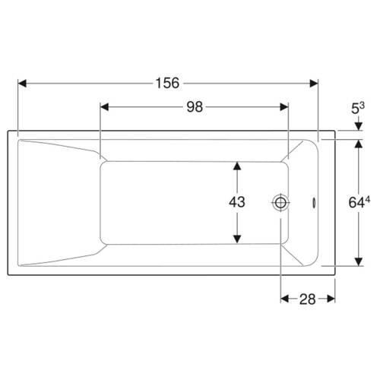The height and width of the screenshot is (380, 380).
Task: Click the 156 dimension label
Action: point(167,83)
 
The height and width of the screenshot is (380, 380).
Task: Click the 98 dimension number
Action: point(195,107)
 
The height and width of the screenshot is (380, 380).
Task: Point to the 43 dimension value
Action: point(237,202)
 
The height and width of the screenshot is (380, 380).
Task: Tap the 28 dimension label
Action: point(308,299)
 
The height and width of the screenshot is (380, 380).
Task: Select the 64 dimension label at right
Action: point(356,203)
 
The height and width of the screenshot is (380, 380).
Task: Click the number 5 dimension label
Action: point(355,109)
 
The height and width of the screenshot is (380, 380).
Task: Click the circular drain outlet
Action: point(280,203)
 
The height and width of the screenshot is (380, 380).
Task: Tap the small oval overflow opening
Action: point(314,203)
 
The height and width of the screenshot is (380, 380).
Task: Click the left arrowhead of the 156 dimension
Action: point(22,84)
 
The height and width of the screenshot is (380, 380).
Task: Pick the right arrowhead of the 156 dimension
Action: point(314,84)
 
